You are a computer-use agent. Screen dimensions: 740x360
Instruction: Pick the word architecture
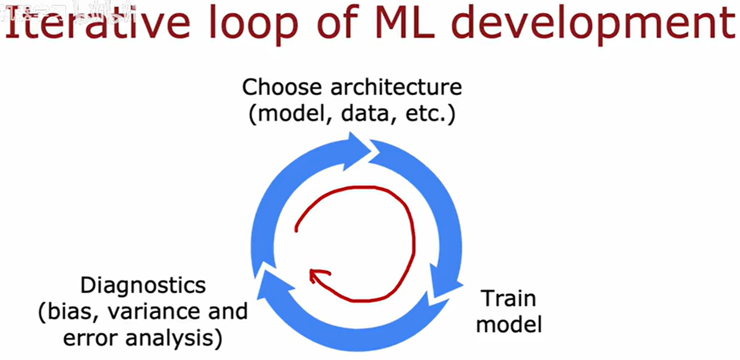(396, 87)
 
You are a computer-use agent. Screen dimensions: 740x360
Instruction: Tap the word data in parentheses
(365, 113)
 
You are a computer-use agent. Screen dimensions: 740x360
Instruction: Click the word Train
(508, 298)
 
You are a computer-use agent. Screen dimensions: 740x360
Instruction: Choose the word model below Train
(509, 324)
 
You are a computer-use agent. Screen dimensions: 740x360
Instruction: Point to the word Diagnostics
(143, 285)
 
